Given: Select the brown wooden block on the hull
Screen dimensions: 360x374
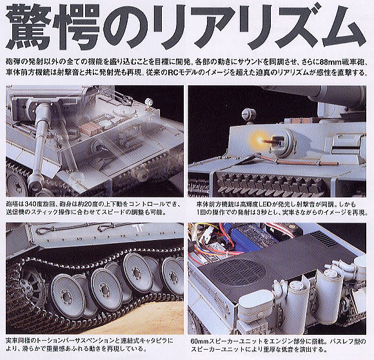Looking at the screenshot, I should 92,146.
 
